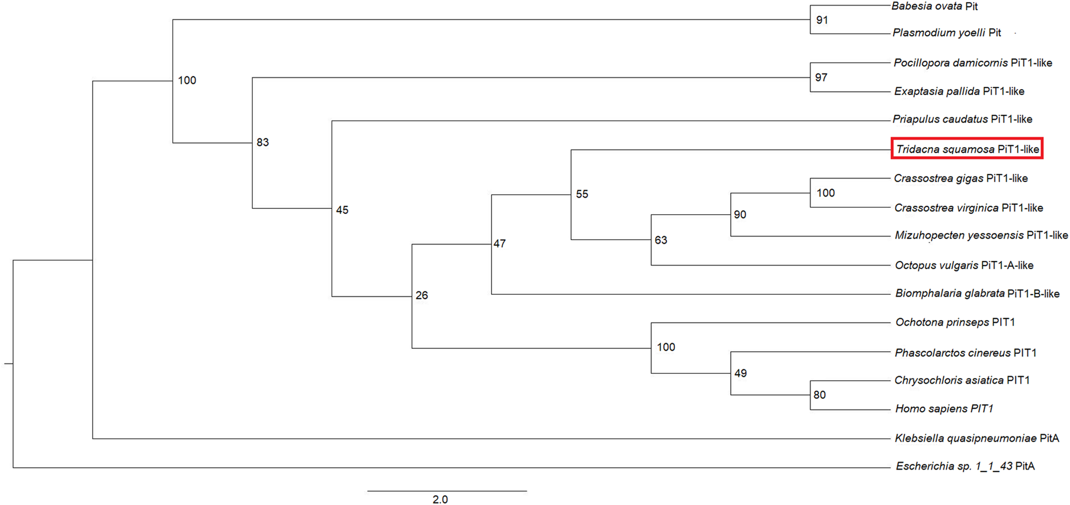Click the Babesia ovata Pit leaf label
point(934,6)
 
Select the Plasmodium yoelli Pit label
point(946,33)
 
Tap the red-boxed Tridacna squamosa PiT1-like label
point(967,149)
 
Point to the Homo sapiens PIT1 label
point(944,409)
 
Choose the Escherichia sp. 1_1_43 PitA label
point(965,466)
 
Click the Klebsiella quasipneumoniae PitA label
point(977,438)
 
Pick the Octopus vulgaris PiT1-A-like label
point(964,265)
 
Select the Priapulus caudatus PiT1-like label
point(962,119)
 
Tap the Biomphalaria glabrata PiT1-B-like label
point(977,293)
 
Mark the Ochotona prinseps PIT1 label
point(955,322)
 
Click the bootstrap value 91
point(822,20)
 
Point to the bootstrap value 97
point(821,78)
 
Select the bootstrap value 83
point(262,142)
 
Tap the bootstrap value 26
point(422,295)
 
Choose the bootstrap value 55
point(582,194)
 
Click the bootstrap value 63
point(660,240)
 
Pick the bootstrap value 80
point(819,395)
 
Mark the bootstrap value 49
point(740,373)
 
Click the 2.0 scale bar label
point(440,499)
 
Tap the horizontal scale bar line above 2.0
point(447,491)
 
